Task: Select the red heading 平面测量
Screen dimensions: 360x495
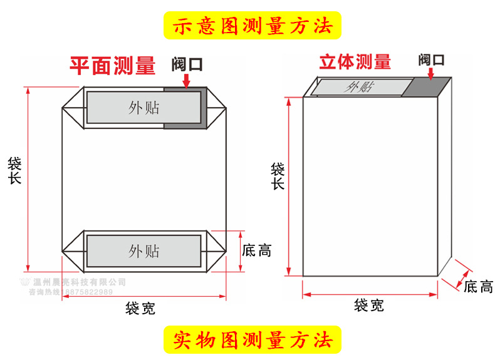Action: click(112, 66)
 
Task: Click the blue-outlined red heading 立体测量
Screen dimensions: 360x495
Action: click(355, 62)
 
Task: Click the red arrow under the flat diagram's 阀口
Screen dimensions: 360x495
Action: click(187, 81)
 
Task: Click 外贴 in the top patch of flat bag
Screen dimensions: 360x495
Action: click(144, 108)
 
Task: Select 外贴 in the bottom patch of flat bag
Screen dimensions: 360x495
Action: click(144, 251)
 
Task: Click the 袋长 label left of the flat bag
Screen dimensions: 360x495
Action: click(15, 171)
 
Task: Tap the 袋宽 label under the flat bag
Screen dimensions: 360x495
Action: click(140, 308)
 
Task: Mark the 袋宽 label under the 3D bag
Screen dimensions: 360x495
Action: click(369, 306)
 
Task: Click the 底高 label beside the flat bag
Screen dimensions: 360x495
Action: click(256, 251)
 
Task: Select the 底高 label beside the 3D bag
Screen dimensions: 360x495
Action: click(478, 287)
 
